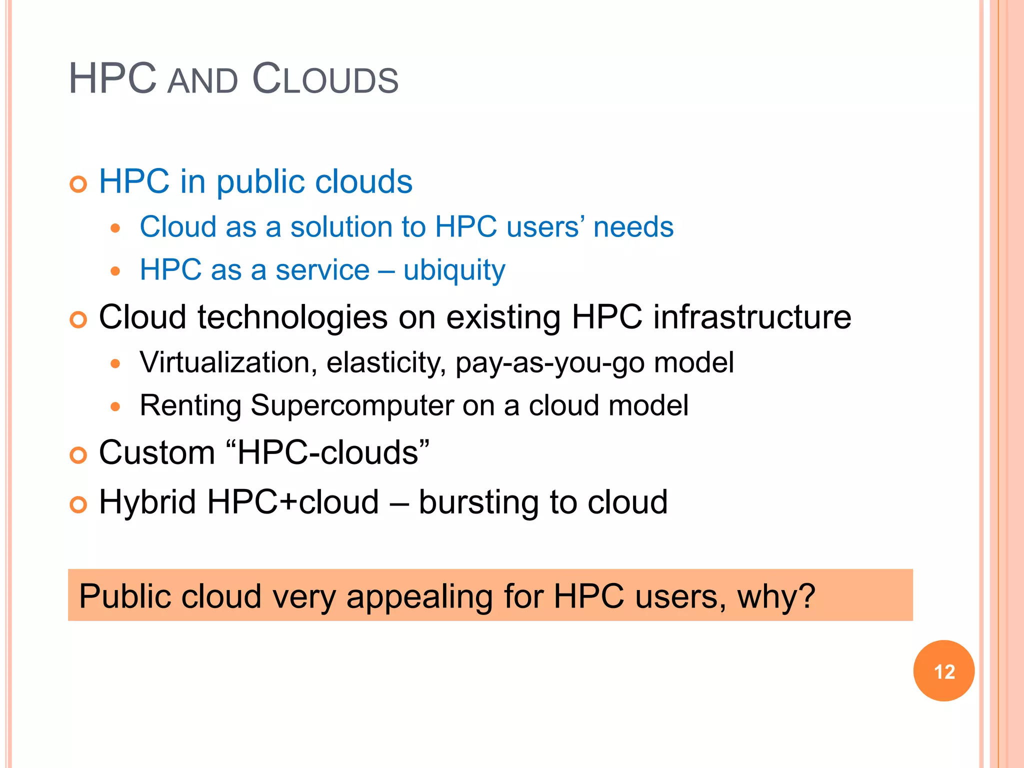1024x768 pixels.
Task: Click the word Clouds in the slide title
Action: point(325,79)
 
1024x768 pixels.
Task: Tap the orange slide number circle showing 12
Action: point(943,671)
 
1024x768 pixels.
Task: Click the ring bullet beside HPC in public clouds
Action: point(78,184)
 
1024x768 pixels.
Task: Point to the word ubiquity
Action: point(454,270)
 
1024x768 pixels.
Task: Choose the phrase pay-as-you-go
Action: point(550,363)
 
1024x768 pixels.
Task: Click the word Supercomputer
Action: point(352,405)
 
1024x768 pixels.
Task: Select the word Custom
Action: point(157,452)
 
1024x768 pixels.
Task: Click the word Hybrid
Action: point(147,502)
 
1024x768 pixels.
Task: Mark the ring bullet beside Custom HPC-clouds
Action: point(78,455)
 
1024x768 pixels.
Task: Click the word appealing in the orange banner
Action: point(419,597)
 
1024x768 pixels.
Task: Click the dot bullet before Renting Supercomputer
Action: point(115,406)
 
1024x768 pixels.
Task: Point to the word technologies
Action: point(292,318)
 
